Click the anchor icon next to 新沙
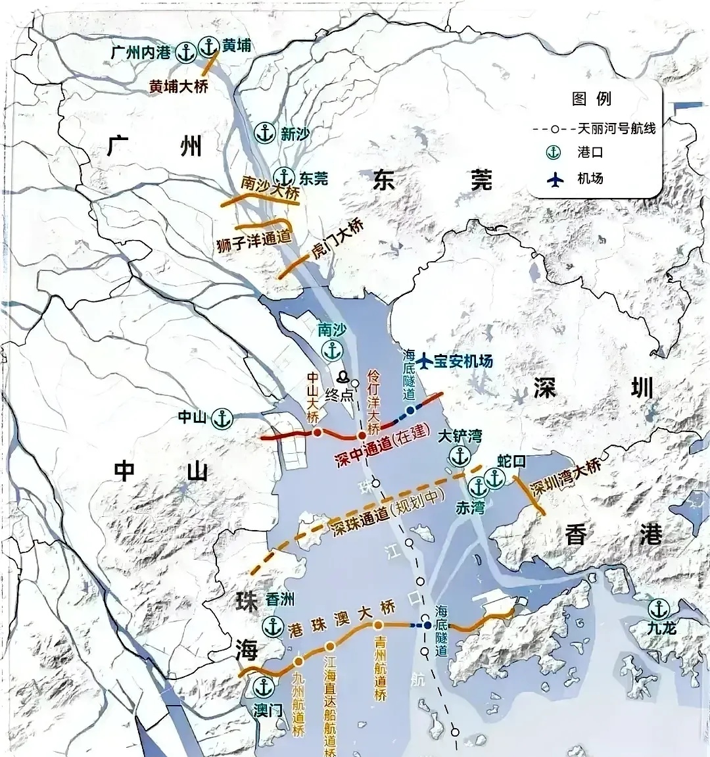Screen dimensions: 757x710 (266, 133)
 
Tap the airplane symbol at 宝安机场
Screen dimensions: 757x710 (425, 360)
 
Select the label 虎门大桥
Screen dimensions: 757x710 (337, 239)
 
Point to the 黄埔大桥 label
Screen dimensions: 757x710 (178, 86)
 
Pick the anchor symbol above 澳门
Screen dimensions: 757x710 (264, 687)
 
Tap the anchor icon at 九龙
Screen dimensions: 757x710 (658, 609)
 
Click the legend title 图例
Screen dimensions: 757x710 (592, 99)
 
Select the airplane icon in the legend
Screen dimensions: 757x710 (556, 178)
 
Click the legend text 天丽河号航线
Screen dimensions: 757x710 (616, 128)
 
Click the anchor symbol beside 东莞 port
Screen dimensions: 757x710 (284, 177)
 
